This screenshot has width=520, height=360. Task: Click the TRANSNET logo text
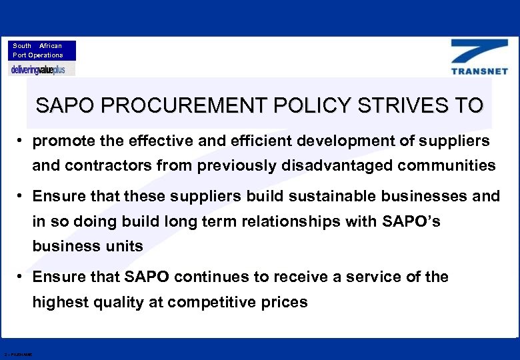[479, 71]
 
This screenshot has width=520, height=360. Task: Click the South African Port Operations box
[42, 51]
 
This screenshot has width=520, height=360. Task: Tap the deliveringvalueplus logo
[42, 69]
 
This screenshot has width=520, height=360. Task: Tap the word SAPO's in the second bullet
[412, 221]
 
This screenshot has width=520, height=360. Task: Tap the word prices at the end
[287, 302]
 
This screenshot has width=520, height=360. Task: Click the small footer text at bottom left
[18, 354]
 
